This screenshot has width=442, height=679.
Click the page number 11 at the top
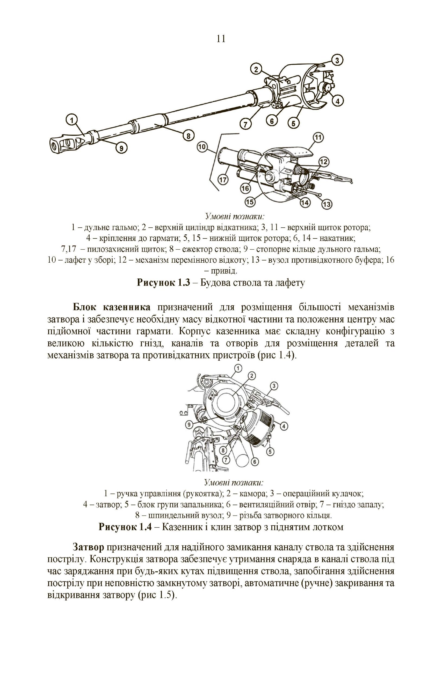point(221,39)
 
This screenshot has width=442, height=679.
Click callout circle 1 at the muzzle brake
point(72,120)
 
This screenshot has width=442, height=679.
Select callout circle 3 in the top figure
point(337,60)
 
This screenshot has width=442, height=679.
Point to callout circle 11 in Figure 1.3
point(318,137)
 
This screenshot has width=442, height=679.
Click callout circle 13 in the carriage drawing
point(327,204)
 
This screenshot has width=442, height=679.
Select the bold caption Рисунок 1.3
point(163,282)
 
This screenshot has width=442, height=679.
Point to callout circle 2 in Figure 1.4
point(252,376)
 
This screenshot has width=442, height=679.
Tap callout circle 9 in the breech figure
point(189,425)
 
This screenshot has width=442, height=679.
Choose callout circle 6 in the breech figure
point(254,462)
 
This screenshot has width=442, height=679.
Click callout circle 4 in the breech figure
point(284,426)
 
